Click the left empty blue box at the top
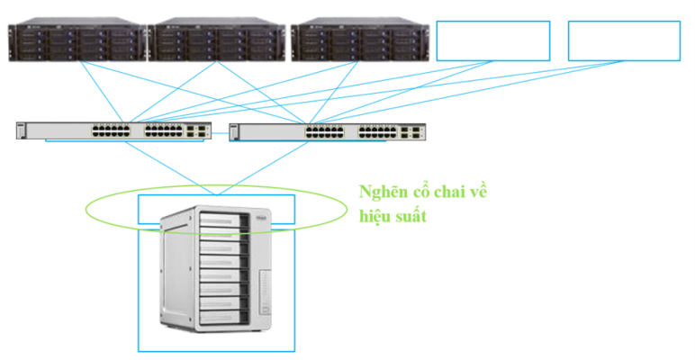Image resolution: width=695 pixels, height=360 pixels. pyautogui.click(x=492, y=40)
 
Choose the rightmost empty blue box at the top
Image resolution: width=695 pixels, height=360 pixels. pyautogui.click(x=624, y=40)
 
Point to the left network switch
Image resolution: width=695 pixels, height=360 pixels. pyautogui.click(x=113, y=131)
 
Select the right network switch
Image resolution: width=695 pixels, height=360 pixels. pyautogui.click(x=328, y=131)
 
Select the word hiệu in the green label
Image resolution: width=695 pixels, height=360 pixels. pyautogui.click(x=377, y=216)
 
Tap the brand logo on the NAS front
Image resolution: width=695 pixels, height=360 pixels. pyautogui.click(x=263, y=215)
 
